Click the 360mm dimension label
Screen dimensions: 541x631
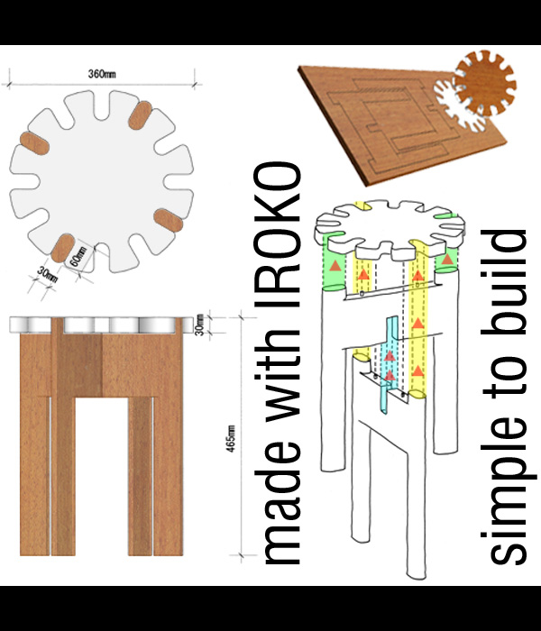click(x=102, y=74)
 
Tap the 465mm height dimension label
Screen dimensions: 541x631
click(x=231, y=438)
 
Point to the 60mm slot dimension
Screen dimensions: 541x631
click(x=78, y=257)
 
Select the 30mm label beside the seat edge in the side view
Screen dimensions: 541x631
click(x=199, y=325)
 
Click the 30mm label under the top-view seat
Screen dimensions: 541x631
click(x=48, y=275)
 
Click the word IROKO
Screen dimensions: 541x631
click(x=278, y=234)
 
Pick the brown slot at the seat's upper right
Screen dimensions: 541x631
click(x=140, y=115)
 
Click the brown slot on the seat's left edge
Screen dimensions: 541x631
click(x=34, y=142)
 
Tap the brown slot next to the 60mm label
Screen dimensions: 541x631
click(x=63, y=248)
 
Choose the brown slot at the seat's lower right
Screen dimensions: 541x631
click(x=169, y=220)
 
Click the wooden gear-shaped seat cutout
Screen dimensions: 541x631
click(x=486, y=83)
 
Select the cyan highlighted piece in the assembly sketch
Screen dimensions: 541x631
click(x=389, y=364)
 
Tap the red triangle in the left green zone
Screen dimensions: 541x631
click(x=335, y=266)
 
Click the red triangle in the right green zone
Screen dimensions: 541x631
click(x=447, y=260)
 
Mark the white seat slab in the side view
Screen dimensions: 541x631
click(x=101, y=325)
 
